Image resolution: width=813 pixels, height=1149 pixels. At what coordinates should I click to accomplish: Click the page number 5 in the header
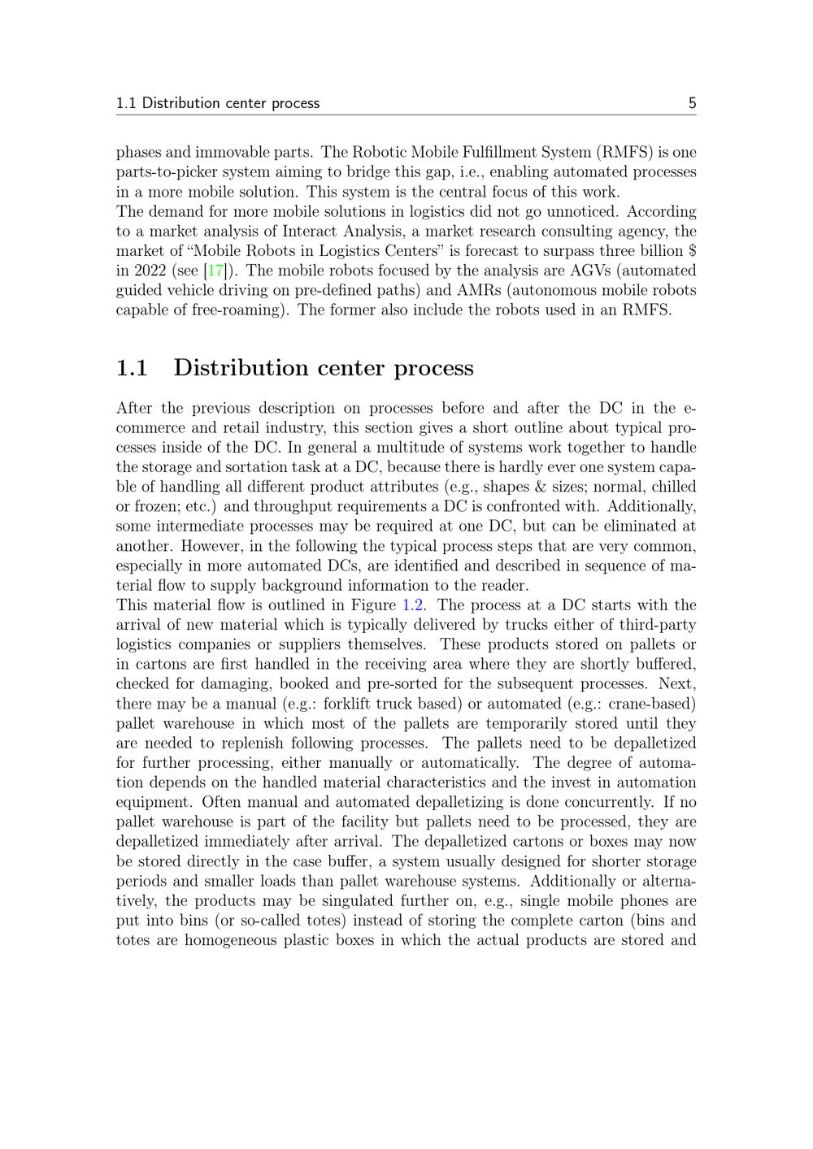tap(692, 103)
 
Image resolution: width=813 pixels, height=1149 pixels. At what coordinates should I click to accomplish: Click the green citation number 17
tap(216, 271)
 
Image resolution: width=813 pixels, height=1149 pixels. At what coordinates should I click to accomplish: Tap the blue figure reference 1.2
tap(413, 605)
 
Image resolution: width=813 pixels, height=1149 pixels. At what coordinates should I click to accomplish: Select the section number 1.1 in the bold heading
tap(132, 368)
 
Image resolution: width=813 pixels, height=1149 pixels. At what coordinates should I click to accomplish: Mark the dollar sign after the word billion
tap(691, 251)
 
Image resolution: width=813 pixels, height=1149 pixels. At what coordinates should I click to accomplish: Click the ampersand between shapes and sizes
tap(550, 487)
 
